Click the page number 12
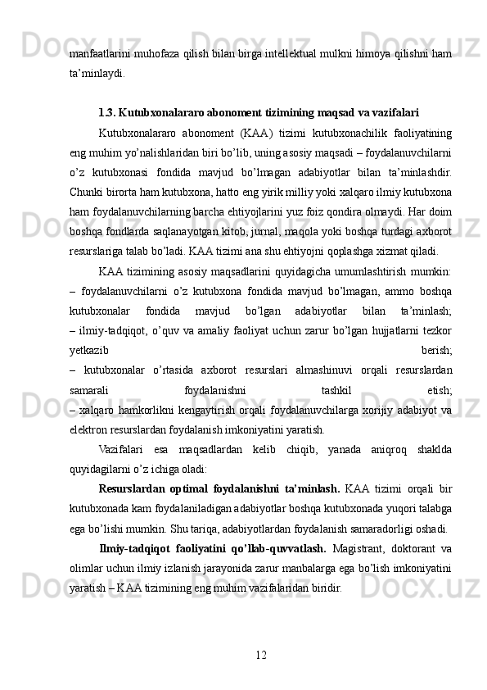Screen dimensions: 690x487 coord(260,654)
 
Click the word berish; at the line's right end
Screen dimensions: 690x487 coord(436,349)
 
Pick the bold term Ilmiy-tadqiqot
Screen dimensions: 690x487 coord(133,547)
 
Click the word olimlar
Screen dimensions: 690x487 coord(87,566)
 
